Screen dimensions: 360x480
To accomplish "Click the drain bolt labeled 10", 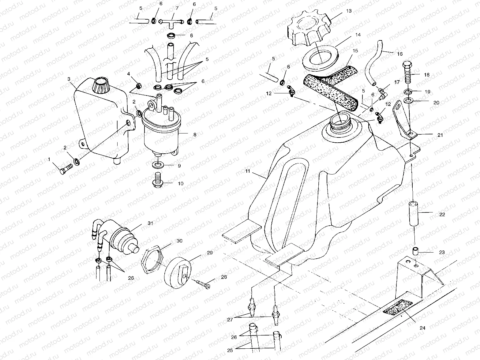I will click(158, 181).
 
